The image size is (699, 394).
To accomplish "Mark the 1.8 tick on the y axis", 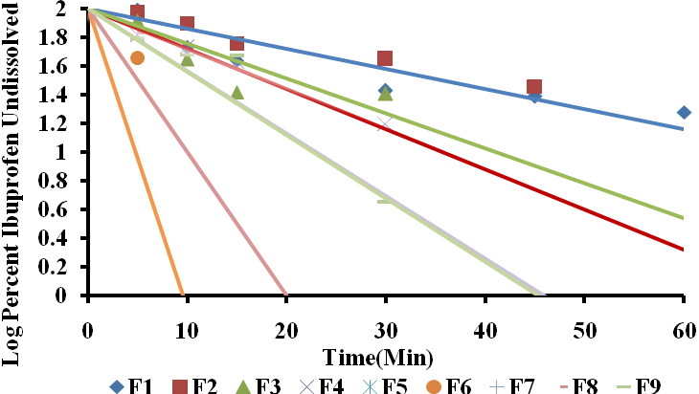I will pos(61,37).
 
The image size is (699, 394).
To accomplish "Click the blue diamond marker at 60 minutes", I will pos(684,113).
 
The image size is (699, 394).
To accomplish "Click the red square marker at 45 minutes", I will pos(534,87).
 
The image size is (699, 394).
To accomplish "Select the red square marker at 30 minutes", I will pos(385,59).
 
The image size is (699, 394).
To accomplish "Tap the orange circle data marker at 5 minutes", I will pos(137,58).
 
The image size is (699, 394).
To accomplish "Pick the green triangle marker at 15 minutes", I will pos(237,93).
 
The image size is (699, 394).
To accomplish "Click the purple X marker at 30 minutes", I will pos(385,124).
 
